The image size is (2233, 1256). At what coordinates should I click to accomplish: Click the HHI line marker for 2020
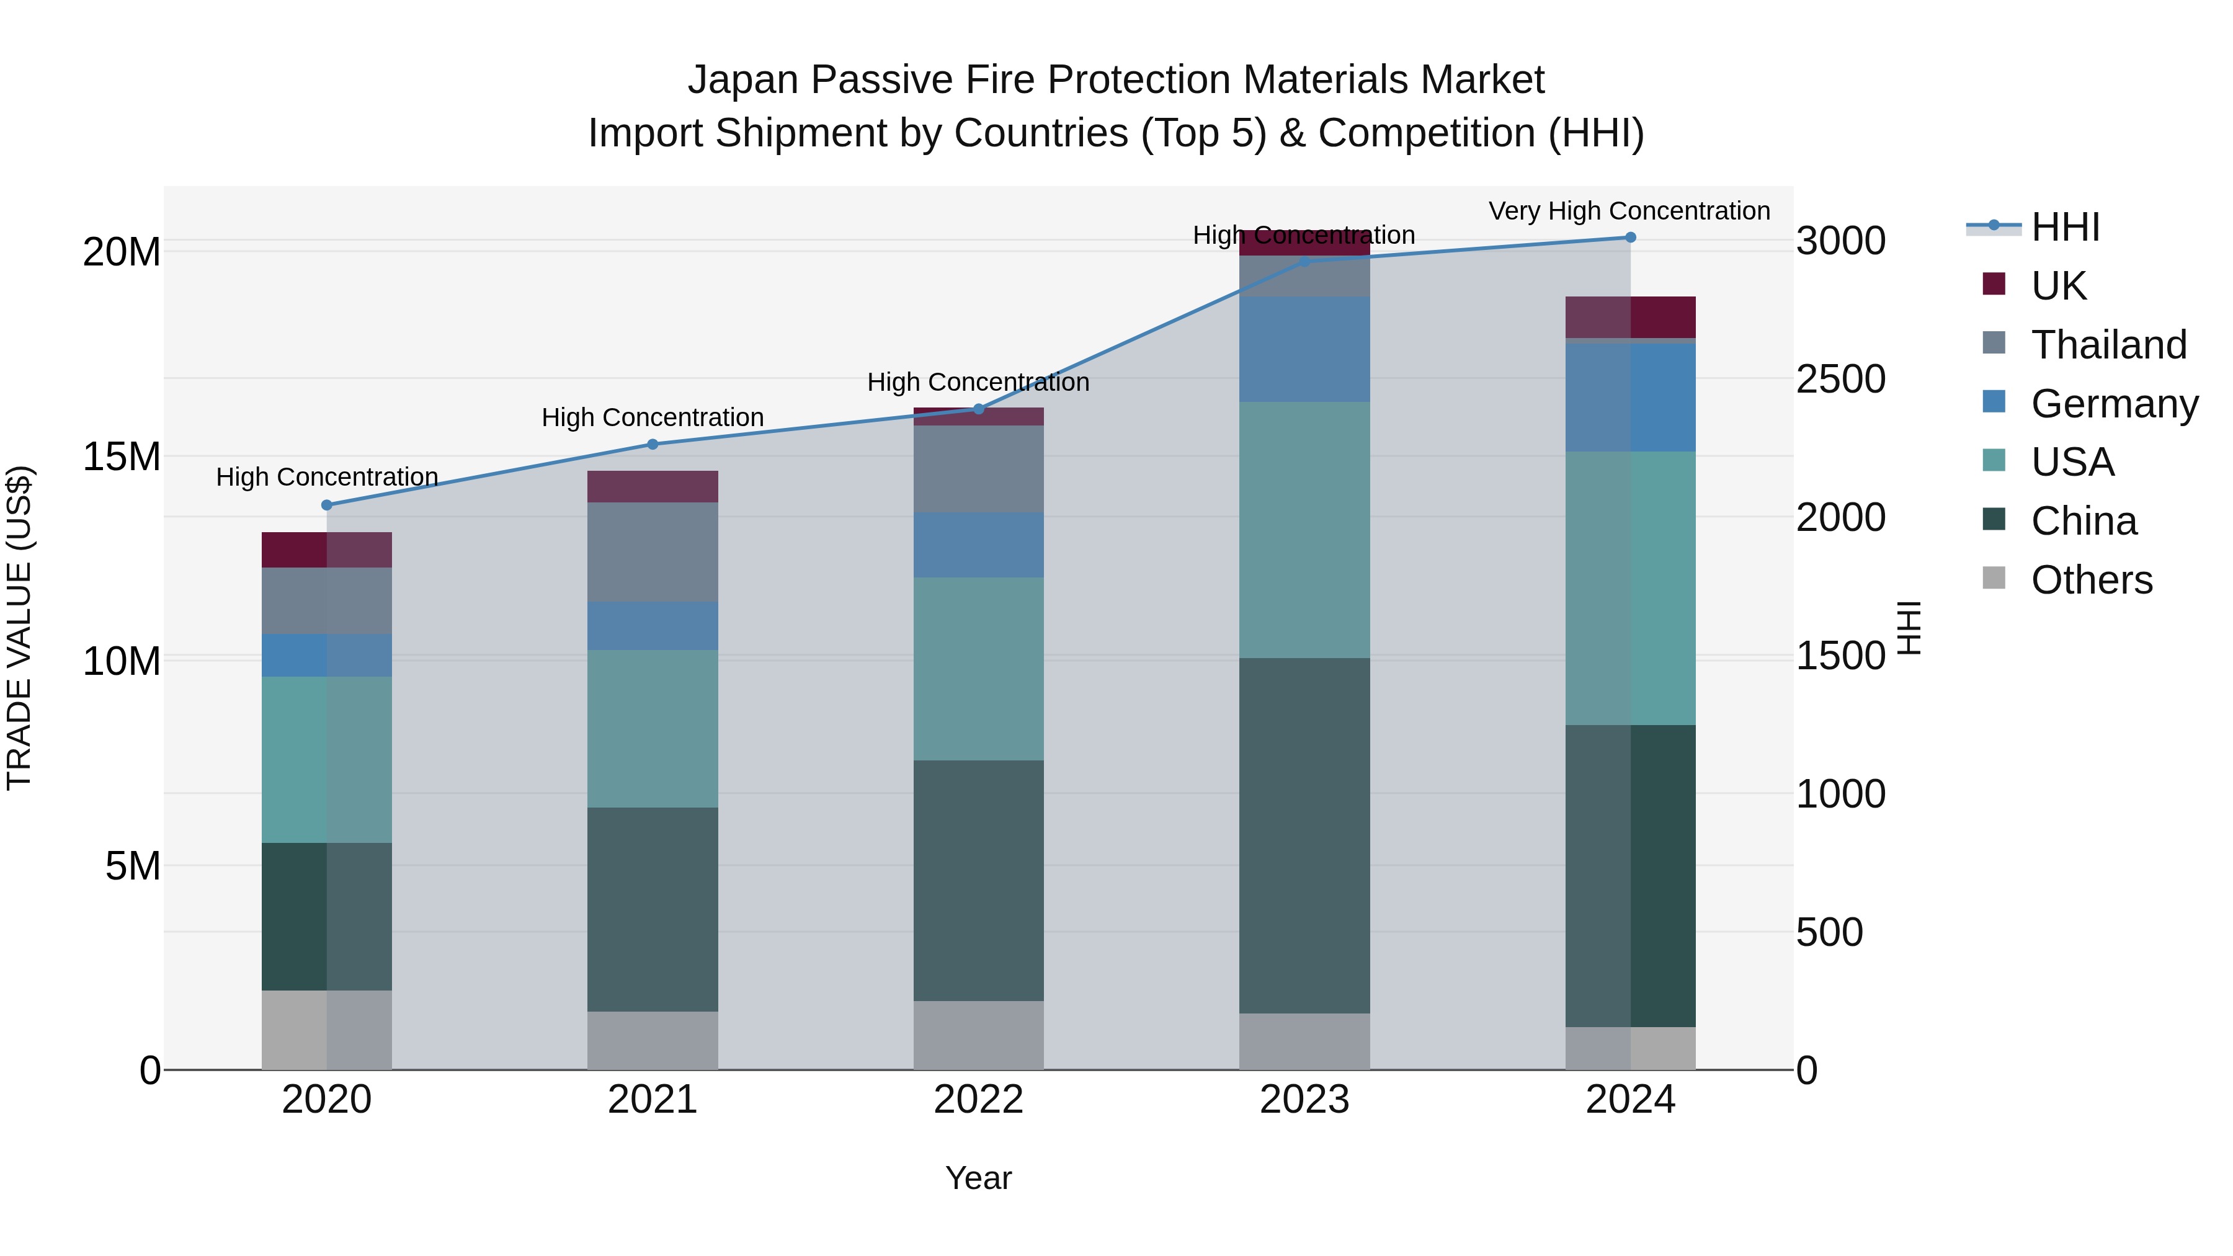(x=327, y=506)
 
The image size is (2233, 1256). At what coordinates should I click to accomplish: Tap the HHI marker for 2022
(x=979, y=409)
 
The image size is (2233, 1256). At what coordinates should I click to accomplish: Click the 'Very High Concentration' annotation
(x=1629, y=212)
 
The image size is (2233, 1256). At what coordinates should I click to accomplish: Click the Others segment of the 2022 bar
(x=979, y=1035)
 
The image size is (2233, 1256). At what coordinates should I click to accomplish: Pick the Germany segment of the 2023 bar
(x=1304, y=349)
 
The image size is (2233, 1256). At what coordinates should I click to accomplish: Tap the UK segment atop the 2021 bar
(x=653, y=486)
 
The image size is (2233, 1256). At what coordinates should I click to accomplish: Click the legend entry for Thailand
(x=2108, y=345)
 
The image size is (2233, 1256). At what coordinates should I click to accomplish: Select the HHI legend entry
(x=2065, y=227)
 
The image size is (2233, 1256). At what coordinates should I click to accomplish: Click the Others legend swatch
(x=1994, y=578)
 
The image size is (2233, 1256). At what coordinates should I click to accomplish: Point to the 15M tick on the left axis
(x=122, y=457)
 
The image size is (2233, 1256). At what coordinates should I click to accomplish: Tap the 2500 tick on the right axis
(x=1840, y=379)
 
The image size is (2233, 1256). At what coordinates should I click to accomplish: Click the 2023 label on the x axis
(x=1304, y=1100)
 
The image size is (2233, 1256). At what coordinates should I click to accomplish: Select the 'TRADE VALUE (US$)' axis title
(x=19, y=628)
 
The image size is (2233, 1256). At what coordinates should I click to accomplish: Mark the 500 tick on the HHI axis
(x=1829, y=933)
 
